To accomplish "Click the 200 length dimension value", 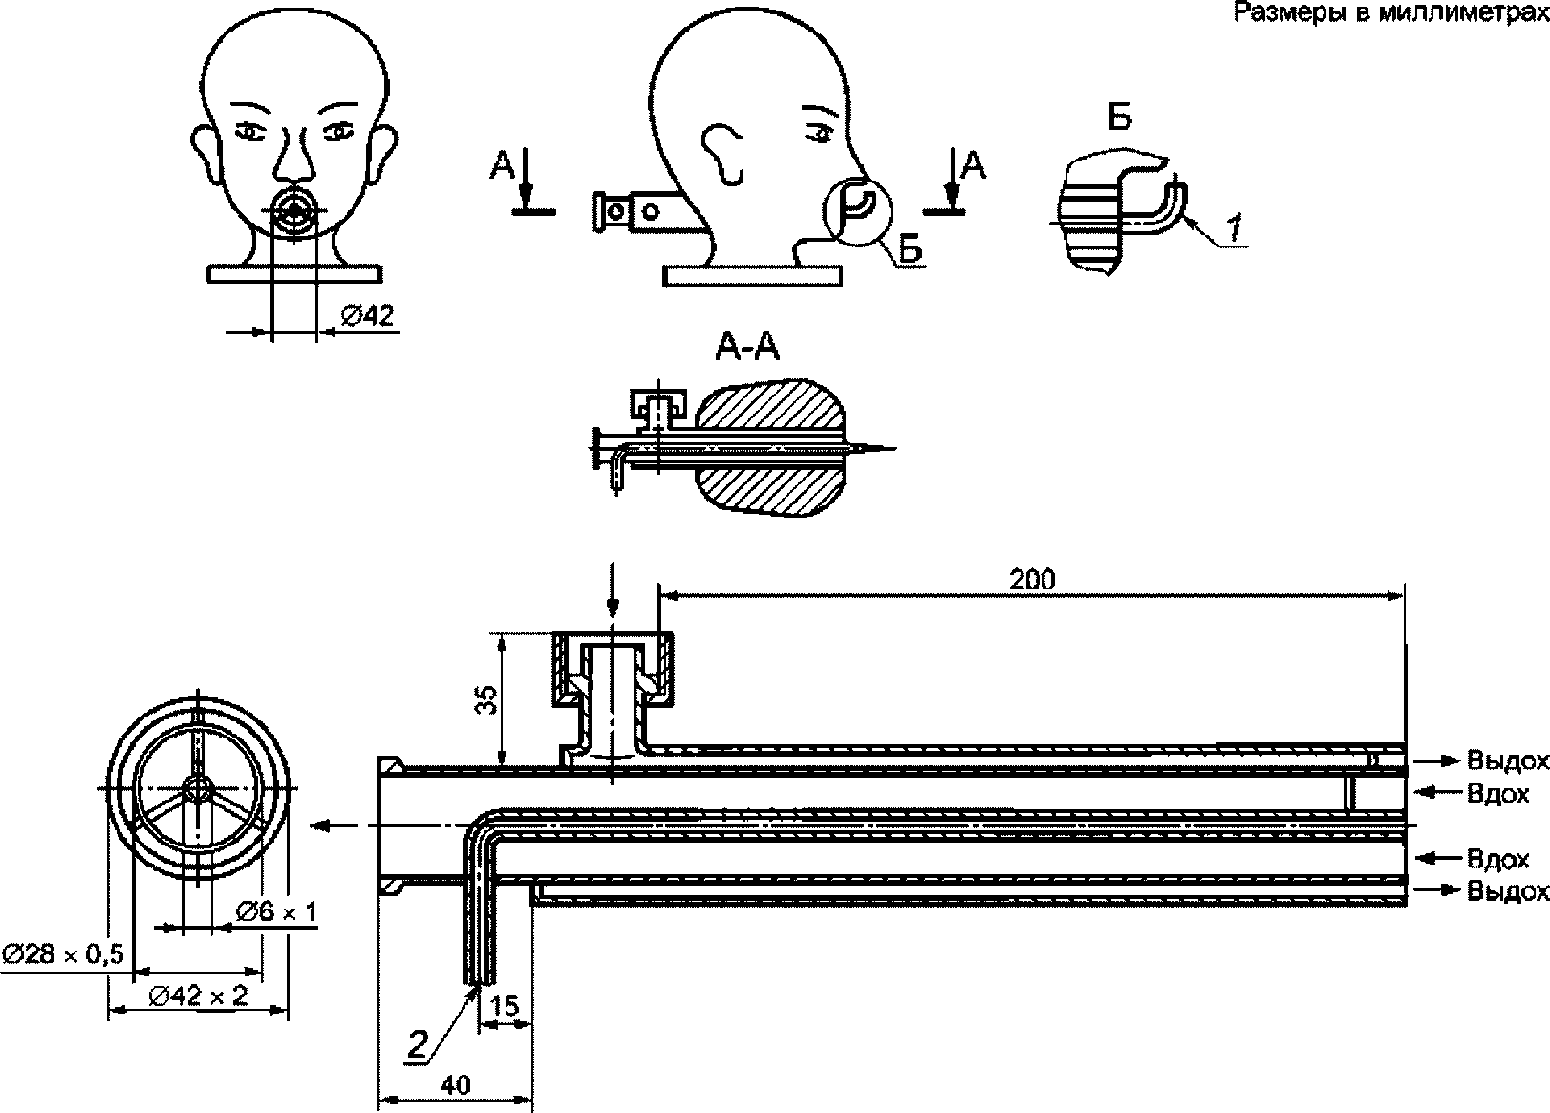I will coord(1032,580).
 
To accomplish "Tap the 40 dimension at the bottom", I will coord(458,1086).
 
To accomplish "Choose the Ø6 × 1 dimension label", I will coord(276,911).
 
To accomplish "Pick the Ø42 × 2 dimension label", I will coord(199,995).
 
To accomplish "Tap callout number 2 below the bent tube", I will coord(419,1043).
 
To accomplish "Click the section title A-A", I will coord(747,350).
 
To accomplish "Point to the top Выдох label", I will coord(1507,761).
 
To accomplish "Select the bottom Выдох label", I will coord(1507,891).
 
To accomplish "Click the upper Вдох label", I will coord(1498,793).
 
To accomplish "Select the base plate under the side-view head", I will coord(753,276).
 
